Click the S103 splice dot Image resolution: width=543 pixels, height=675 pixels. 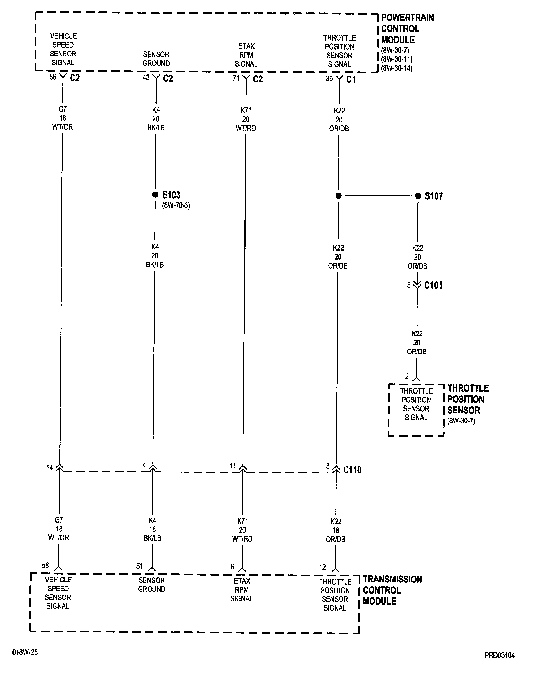coord(155,195)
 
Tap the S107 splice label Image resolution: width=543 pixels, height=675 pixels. coord(434,196)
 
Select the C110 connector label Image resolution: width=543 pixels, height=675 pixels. coord(352,470)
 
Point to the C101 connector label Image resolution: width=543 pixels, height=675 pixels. coord(433,286)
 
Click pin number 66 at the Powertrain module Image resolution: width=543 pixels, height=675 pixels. coord(53,77)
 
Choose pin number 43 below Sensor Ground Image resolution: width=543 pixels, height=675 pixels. coord(146,78)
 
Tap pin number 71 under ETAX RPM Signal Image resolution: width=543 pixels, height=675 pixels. coord(236,78)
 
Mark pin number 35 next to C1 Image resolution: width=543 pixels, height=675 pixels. coord(329,79)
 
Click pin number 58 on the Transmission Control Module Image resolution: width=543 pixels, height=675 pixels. coord(45,566)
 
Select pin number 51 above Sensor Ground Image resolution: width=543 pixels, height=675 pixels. coord(140,566)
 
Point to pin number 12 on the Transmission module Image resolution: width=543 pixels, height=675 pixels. coord(322,567)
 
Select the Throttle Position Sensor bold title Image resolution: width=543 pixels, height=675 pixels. coord(468,399)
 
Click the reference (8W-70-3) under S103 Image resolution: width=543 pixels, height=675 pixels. coord(176,205)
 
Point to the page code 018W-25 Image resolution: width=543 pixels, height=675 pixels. coord(25,652)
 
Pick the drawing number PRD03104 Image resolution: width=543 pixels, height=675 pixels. coord(500,655)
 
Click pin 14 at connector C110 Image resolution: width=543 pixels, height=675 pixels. coord(50,468)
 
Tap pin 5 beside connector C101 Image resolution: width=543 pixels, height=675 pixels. coord(409,285)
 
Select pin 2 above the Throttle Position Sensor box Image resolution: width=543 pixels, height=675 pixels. coord(407,376)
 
